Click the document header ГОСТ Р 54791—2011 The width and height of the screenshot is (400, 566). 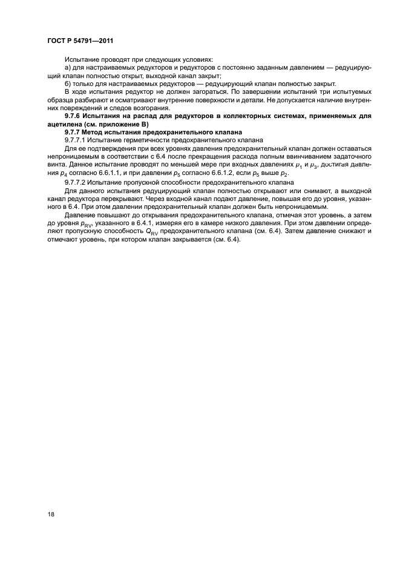[x=79, y=41]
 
